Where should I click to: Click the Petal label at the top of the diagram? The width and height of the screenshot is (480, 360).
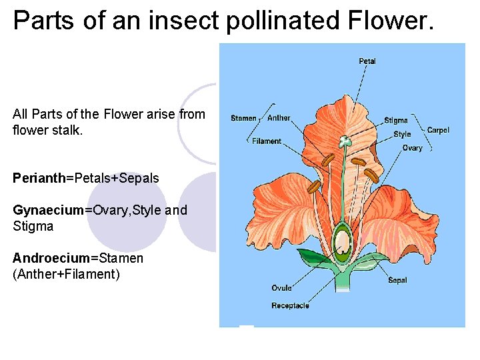tap(367, 61)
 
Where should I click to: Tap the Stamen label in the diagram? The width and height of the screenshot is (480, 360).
tap(243, 119)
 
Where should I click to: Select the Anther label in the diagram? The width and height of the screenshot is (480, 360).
tap(279, 118)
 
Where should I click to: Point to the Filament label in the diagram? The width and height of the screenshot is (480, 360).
tap(267, 141)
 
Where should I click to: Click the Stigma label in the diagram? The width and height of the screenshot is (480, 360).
tap(396, 121)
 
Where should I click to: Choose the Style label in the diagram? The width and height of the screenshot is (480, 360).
tap(402, 134)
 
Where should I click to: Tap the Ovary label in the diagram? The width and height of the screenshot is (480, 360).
tap(412, 148)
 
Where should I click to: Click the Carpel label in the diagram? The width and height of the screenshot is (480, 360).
tap(438, 130)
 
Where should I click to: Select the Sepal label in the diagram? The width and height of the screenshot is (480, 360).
tap(398, 281)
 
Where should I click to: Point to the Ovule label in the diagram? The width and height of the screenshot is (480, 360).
tap(281, 288)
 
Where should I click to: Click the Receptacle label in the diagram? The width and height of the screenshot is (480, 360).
tap(290, 306)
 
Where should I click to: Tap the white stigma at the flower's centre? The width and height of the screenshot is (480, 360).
tap(345, 141)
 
